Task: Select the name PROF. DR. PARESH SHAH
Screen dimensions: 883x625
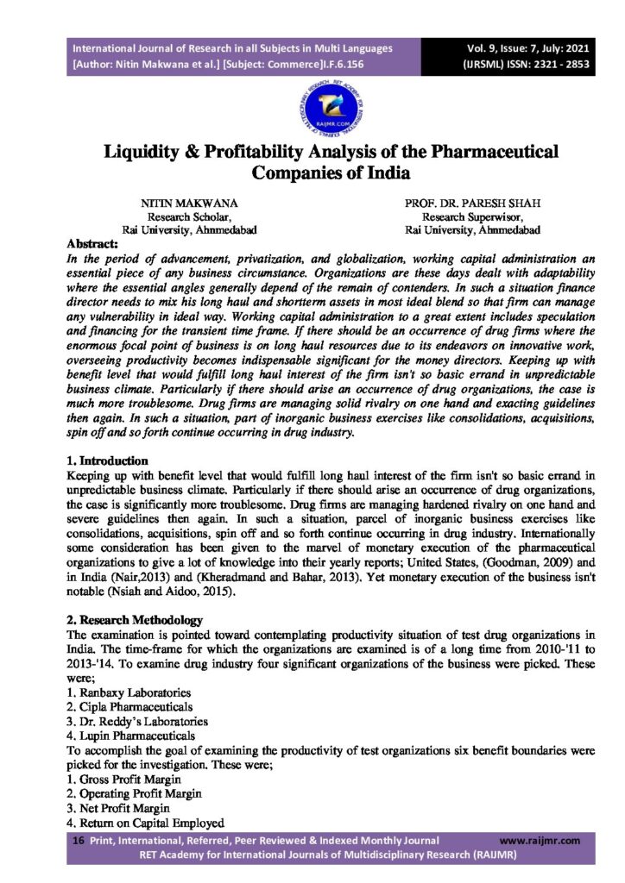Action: click(472, 203)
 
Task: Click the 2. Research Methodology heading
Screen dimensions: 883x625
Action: click(135, 620)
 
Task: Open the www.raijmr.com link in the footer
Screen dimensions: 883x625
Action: click(540, 841)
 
